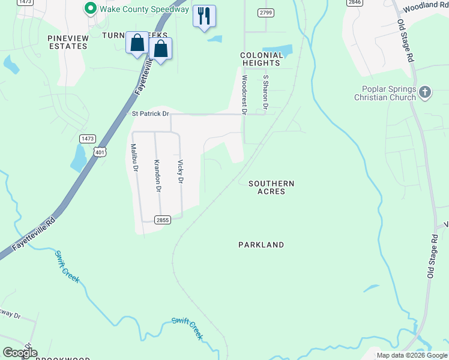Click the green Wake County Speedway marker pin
91,8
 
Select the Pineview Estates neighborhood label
68,42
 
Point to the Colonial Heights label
261,59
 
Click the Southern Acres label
271,187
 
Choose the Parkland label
261,245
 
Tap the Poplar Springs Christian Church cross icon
424,92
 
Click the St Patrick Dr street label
151,113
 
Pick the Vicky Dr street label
179,171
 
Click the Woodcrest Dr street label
244,94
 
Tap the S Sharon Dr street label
265,92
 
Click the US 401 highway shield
100,152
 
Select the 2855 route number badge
163,220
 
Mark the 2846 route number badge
354,2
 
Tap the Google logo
19,353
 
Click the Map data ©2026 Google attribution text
412,355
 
